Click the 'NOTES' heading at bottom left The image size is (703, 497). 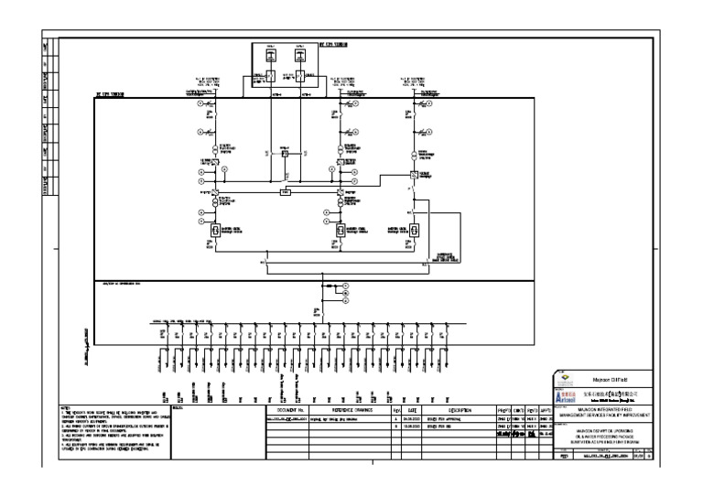coord(65,407)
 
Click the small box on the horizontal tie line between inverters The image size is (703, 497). coord(287,193)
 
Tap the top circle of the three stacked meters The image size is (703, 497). coord(346,286)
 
